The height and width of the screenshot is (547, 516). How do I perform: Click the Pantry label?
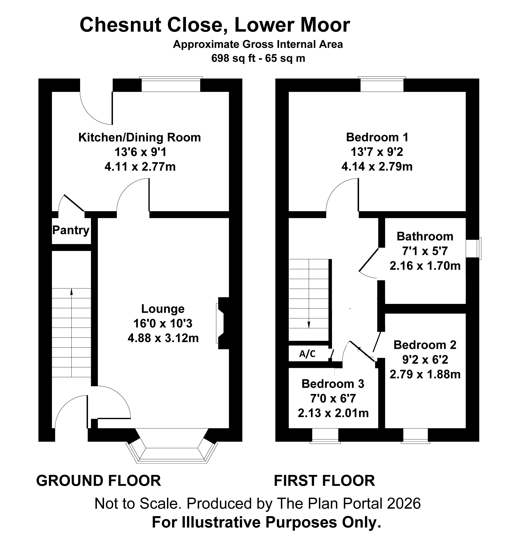(x=71, y=230)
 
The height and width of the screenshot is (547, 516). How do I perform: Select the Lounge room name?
(x=163, y=309)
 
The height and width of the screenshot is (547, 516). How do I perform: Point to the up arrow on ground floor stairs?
(x=72, y=332)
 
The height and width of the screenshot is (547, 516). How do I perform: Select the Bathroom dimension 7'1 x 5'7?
(x=425, y=251)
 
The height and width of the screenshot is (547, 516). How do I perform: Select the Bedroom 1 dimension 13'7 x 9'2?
(x=377, y=152)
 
